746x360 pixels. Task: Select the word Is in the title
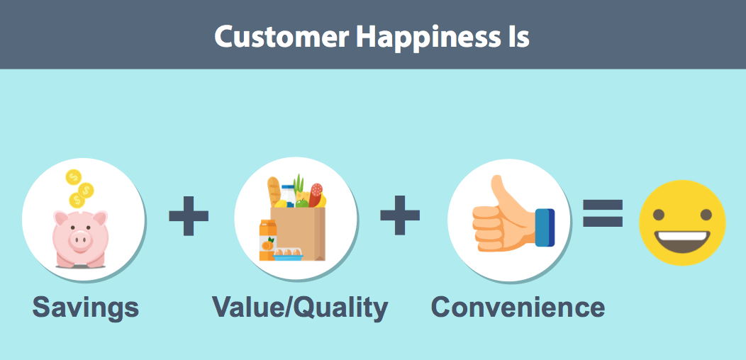(x=517, y=35)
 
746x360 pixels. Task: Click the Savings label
(x=86, y=308)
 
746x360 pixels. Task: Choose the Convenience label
(x=518, y=308)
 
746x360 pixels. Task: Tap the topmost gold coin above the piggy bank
(x=73, y=176)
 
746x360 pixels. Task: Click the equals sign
(x=603, y=213)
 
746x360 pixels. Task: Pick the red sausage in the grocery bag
(x=316, y=195)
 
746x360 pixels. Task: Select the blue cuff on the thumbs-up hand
(x=545, y=227)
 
